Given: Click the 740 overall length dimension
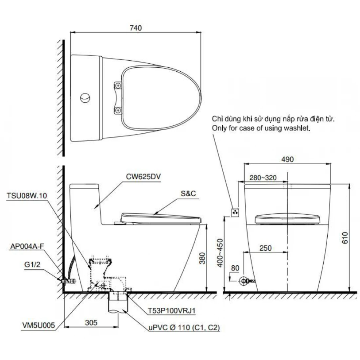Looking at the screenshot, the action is pos(135,28).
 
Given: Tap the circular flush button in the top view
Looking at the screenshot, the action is pos(85,98).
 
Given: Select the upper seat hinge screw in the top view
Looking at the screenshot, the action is pos(118,85).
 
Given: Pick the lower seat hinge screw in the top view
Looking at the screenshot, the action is pos(118,110).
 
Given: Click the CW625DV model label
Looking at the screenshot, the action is pos(143,177).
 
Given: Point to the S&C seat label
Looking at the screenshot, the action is pos(188,194).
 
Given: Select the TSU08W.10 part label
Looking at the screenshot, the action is pos(27,196).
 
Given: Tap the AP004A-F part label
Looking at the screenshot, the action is pos(27,246).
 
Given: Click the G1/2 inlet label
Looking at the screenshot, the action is pos(32,264).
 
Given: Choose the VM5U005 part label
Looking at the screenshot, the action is pos(39,325).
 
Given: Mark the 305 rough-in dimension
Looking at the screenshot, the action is pos(91,322).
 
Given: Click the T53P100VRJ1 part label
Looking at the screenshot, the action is pos(171,311).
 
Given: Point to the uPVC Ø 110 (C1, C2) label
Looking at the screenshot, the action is pos(184,327).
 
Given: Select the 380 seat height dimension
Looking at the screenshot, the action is pos(202,258).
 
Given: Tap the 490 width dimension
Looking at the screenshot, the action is pos(287,159).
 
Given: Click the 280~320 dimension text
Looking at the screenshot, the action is pos(263,178).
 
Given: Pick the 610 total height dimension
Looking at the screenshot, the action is pos(345,238).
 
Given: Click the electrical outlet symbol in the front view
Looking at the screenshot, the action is pos(235,213).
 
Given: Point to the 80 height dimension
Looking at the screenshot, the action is pos(235,268).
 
